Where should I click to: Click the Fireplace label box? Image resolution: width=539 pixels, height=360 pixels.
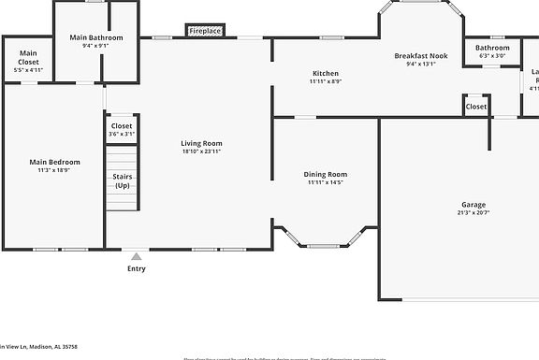pyautogui.click(x=205, y=31)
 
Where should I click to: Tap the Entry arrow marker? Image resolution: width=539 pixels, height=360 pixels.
pyautogui.click(x=137, y=255)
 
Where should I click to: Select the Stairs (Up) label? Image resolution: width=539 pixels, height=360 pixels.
pyautogui.click(x=122, y=180)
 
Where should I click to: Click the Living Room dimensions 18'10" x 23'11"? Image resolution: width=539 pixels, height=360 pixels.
pyautogui.click(x=201, y=152)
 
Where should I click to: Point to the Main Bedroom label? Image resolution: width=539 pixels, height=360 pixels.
pyautogui.click(x=54, y=162)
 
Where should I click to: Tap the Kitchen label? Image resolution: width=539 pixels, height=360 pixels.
pyautogui.click(x=326, y=73)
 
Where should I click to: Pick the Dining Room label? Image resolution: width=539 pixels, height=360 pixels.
pyautogui.click(x=326, y=174)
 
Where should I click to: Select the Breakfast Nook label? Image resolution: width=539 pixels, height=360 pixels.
pyautogui.click(x=427, y=55)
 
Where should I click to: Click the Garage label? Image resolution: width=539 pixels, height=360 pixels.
pyautogui.click(x=473, y=204)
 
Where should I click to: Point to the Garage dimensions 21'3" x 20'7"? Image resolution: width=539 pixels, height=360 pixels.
pyautogui.click(x=473, y=213)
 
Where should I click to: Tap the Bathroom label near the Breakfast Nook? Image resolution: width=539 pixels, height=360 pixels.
pyautogui.click(x=493, y=48)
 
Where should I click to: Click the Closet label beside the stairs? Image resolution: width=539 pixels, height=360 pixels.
pyautogui.click(x=122, y=125)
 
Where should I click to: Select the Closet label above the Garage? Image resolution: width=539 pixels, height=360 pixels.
pyautogui.click(x=476, y=107)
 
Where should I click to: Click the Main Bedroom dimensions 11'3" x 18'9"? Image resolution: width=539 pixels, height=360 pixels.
pyautogui.click(x=54, y=170)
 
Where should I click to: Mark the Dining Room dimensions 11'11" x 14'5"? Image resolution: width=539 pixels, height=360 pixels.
pyautogui.click(x=326, y=182)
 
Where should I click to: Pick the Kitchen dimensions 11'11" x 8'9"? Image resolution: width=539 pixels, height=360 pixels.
pyautogui.click(x=326, y=81)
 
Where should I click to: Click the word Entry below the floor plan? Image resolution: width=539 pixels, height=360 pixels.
pyautogui.click(x=137, y=268)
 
